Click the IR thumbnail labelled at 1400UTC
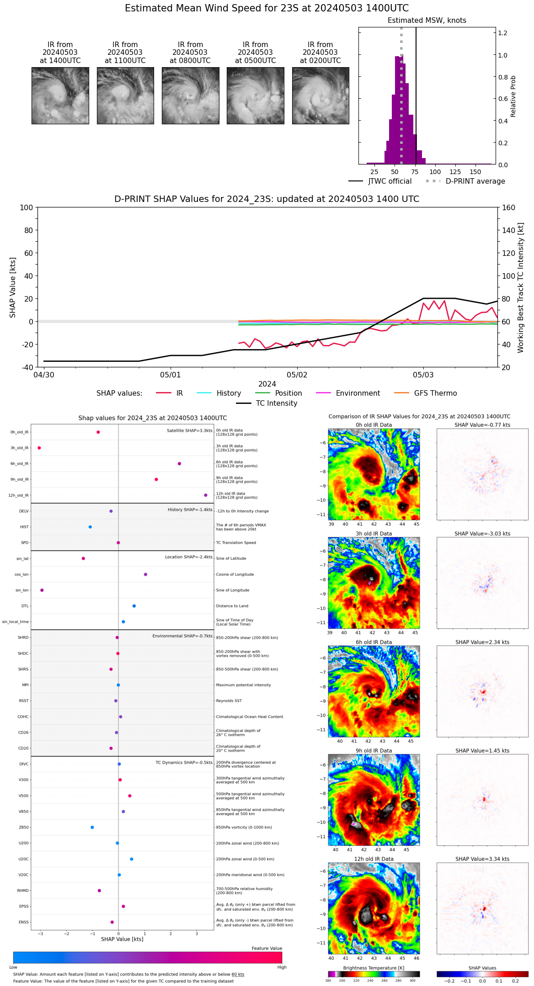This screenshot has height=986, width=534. [60, 95]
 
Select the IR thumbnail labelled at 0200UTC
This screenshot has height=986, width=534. [320, 95]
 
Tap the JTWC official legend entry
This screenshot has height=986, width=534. [380, 181]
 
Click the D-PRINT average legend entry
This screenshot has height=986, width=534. [465, 181]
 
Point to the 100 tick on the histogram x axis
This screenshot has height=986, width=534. [435, 172]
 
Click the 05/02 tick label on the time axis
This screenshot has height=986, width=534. [297, 375]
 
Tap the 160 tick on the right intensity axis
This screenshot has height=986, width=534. [508, 208]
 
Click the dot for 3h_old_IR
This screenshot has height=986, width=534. [39, 448]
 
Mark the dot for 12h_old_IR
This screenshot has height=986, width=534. [206, 495]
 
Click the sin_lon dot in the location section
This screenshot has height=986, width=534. [42, 590]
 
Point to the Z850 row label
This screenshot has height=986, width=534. [24, 827]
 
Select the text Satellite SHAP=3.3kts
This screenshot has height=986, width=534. [189, 430]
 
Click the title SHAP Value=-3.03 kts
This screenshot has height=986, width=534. [482, 534]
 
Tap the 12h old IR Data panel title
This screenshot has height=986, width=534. [374, 859]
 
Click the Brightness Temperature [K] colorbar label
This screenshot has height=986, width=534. [374, 968]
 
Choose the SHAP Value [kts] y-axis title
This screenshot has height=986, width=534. [13, 287]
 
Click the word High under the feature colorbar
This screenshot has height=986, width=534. [282, 967]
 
